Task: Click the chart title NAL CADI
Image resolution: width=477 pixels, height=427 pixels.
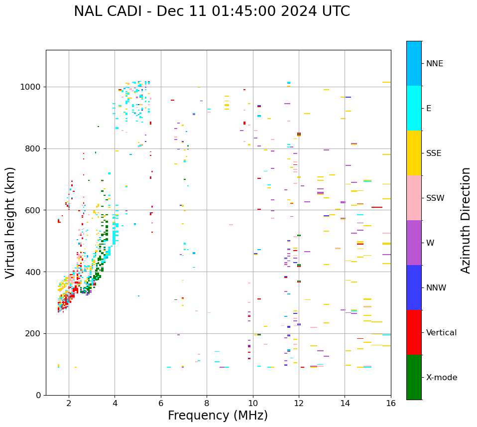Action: tap(212, 11)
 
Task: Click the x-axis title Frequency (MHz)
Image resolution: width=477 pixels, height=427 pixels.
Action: tap(218, 416)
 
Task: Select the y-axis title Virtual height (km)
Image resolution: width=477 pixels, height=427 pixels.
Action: tap(10, 223)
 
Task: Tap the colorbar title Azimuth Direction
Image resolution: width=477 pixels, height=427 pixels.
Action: tap(466, 220)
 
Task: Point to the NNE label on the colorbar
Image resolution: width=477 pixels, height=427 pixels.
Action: tap(434, 64)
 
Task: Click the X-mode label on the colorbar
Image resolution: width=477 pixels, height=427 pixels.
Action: tap(441, 378)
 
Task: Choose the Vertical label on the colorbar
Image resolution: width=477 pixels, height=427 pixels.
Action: tap(441, 333)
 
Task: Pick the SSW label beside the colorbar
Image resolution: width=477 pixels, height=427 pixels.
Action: tap(435, 198)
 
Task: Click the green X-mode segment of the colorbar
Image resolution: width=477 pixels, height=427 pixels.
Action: tap(414, 377)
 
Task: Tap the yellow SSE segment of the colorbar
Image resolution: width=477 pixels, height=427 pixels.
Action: tap(414, 153)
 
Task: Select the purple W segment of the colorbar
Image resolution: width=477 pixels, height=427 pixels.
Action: tap(414, 243)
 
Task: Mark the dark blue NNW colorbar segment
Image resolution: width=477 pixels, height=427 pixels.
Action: tap(414, 287)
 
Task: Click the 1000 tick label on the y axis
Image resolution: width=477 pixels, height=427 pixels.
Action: tap(31, 87)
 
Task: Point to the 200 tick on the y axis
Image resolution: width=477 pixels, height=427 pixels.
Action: tap(33, 334)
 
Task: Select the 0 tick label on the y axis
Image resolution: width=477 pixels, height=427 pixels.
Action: tap(39, 395)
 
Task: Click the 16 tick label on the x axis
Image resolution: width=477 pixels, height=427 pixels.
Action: tap(391, 404)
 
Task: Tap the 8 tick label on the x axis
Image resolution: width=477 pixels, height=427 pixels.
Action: tap(207, 404)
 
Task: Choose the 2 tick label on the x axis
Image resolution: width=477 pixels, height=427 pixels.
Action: tap(69, 404)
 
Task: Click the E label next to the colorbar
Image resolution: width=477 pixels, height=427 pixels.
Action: tap(429, 109)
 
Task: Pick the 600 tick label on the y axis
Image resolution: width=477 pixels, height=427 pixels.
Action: tap(33, 210)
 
